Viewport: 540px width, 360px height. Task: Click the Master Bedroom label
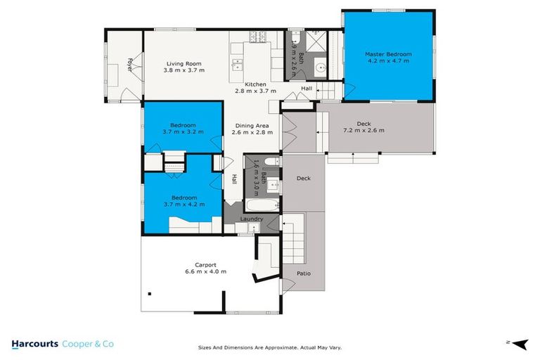coord(388,54)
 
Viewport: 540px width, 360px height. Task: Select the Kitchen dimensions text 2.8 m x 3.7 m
coord(250,91)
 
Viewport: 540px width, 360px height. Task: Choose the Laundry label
coord(252,219)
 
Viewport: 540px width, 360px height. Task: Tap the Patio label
coord(304,274)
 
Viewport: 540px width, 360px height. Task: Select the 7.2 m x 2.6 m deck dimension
coord(364,130)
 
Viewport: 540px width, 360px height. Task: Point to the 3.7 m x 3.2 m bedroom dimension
coord(183,131)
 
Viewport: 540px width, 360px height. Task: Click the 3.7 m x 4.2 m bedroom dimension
coord(183,205)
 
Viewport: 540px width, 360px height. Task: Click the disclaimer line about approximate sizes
coord(270,347)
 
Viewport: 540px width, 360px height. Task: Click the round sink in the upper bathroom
coord(319,69)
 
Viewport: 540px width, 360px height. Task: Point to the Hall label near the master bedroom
coord(307,89)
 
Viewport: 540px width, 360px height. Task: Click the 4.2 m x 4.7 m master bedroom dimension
coord(388,61)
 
